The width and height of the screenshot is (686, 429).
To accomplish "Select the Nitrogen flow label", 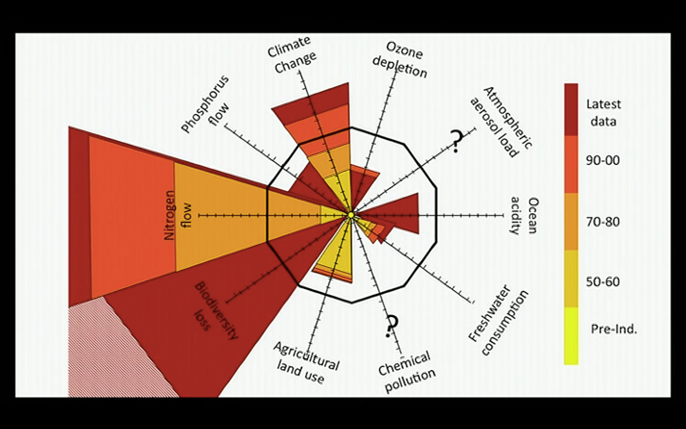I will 178,215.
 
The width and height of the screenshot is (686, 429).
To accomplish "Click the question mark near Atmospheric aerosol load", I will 456,141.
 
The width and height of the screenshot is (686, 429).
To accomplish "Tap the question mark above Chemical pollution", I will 391,326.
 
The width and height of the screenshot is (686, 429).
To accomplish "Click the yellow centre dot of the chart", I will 351,215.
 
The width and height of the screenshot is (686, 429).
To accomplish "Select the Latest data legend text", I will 603,113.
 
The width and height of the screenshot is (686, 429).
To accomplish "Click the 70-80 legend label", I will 603,222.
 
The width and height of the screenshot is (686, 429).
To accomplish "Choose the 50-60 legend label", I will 603,282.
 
